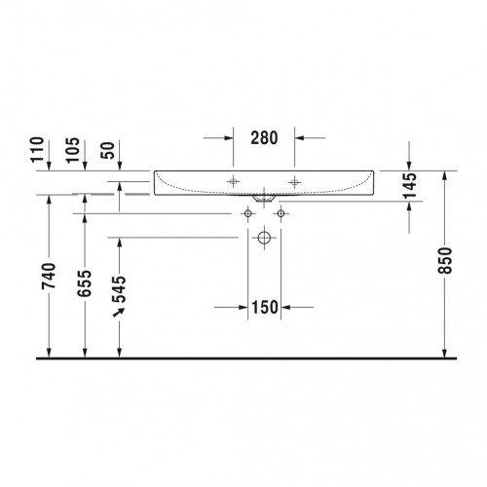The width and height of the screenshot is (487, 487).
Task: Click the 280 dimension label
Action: tap(264, 137)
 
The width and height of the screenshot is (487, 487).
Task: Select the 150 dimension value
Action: tap(265, 307)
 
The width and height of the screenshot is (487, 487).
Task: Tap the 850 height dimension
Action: tap(445, 260)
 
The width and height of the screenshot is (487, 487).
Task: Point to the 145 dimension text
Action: tap(410, 186)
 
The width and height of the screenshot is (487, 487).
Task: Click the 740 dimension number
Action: tap(49, 276)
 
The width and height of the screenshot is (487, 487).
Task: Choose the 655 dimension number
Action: tap(85, 283)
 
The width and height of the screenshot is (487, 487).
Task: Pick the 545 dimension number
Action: tap(119, 289)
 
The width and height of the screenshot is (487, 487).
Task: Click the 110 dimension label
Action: tap(37, 149)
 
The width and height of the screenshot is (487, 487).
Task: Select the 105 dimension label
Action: tap(72, 150)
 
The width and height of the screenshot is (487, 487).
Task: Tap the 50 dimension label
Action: tap(108, 150)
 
